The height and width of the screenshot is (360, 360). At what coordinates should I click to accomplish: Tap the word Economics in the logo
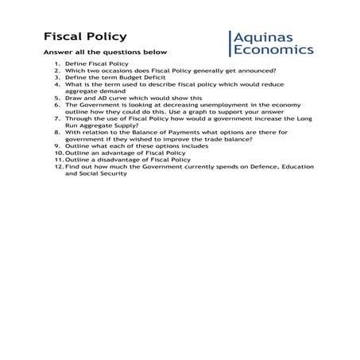[x=273, y=49]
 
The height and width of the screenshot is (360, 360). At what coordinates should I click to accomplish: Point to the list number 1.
[x=57, y=63]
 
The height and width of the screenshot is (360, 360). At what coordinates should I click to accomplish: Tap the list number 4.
[x=57, y=83]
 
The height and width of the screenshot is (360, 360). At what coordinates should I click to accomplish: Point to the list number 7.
[x=57, y=118]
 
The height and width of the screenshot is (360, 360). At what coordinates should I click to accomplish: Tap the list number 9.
[x=57, y=146]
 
